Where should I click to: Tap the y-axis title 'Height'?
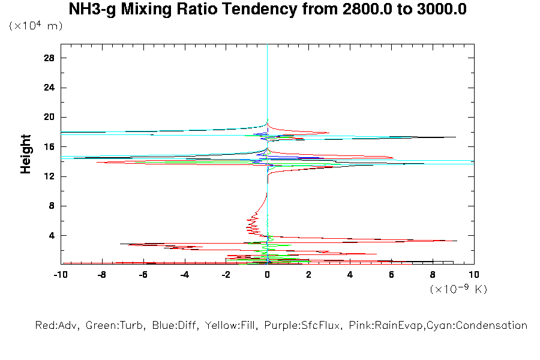pyautogui.click(x=26, y=154)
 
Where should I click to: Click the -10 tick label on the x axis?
pyautogui.click(x=60, y=275)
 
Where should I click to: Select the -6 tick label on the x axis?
pyautogui.click(x=143, y=275)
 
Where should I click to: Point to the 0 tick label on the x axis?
pyautogui.click(x=268, y=275)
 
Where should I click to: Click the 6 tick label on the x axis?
pyautogui.click(x=391, y=275)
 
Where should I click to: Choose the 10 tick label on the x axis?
pyautogui.click(x=474, y=275)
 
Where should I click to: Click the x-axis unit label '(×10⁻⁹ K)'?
pyautogui.click(x=458, y=289)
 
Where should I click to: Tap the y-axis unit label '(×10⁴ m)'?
pyautogui.click(x=35, y=26)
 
